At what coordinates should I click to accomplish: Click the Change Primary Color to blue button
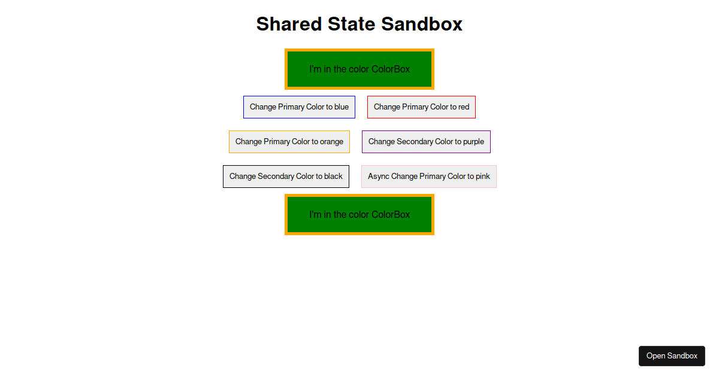pyautogui.click(x=299, y=107)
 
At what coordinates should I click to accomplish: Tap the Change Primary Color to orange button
pyautogui.click(x=289, y=142)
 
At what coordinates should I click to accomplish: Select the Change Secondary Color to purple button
pyautogui.click(x=426, y=142)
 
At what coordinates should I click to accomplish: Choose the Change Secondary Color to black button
pyautogui.click(x=286, y=177)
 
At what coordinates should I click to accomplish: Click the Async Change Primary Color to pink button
pyautogui.click(x=429, y=177)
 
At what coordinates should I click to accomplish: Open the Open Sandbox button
pyautogui.click(x=672, y=356)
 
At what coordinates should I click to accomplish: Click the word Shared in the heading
pyautogui.click(x=289, y=24)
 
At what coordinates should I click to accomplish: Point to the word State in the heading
pyautogui.click(x=352, y=24)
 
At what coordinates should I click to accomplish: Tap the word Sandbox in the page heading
pyautogui.click(x=422, y=24)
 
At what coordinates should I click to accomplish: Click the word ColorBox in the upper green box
pyautogui.click(x=391, y=69)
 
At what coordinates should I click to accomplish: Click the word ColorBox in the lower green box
pyautogui.click(x=391, y=214)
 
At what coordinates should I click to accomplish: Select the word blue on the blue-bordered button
pyautogui.click(x=342, y=107)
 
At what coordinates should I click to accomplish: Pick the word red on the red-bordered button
pyautogui.click(x=464, y=107)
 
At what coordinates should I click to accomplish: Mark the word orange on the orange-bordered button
pyautogui.click(x=331, y=142)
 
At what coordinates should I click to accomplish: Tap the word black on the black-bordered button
pyautogui.click(x=333, y=177)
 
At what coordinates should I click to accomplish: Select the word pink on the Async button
pyautogui.click(x=483, y=177)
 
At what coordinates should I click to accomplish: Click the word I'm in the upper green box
pyautogui.click(x=315, y=69)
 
